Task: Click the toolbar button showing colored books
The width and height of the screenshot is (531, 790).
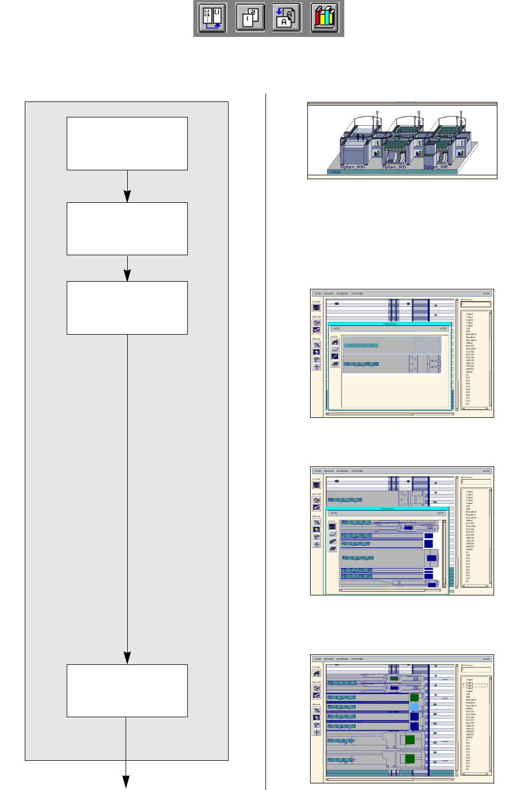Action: (324, 18)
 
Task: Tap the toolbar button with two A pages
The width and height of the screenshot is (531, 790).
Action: (287, 18)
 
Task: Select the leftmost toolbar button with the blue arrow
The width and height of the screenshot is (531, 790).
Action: (213, 18)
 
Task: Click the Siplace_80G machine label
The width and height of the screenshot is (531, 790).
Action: (352, 166)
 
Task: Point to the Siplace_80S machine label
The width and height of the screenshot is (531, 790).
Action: (394, 166)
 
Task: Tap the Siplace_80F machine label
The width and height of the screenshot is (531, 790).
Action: (435, 166)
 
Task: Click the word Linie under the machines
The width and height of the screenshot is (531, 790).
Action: (334, 172)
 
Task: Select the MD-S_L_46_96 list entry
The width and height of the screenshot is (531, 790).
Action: (361, 364)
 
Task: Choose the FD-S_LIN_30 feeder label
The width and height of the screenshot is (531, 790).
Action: (357, 558)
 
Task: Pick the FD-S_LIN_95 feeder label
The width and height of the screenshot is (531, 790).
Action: (357, 576)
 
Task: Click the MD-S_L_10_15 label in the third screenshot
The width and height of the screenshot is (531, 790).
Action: (345, 500)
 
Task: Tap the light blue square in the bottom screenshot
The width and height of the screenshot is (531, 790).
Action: (414, 707)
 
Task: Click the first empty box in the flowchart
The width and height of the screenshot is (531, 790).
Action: (127, 143)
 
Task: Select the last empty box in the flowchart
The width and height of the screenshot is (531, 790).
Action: (127, 690)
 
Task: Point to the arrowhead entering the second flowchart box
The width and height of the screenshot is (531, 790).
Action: (127, 197)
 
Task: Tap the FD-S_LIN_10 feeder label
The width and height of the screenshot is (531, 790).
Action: (357, 535)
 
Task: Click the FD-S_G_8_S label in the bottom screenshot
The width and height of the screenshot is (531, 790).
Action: (342, 683)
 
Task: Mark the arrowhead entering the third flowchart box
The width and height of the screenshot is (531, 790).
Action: (127, 276)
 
